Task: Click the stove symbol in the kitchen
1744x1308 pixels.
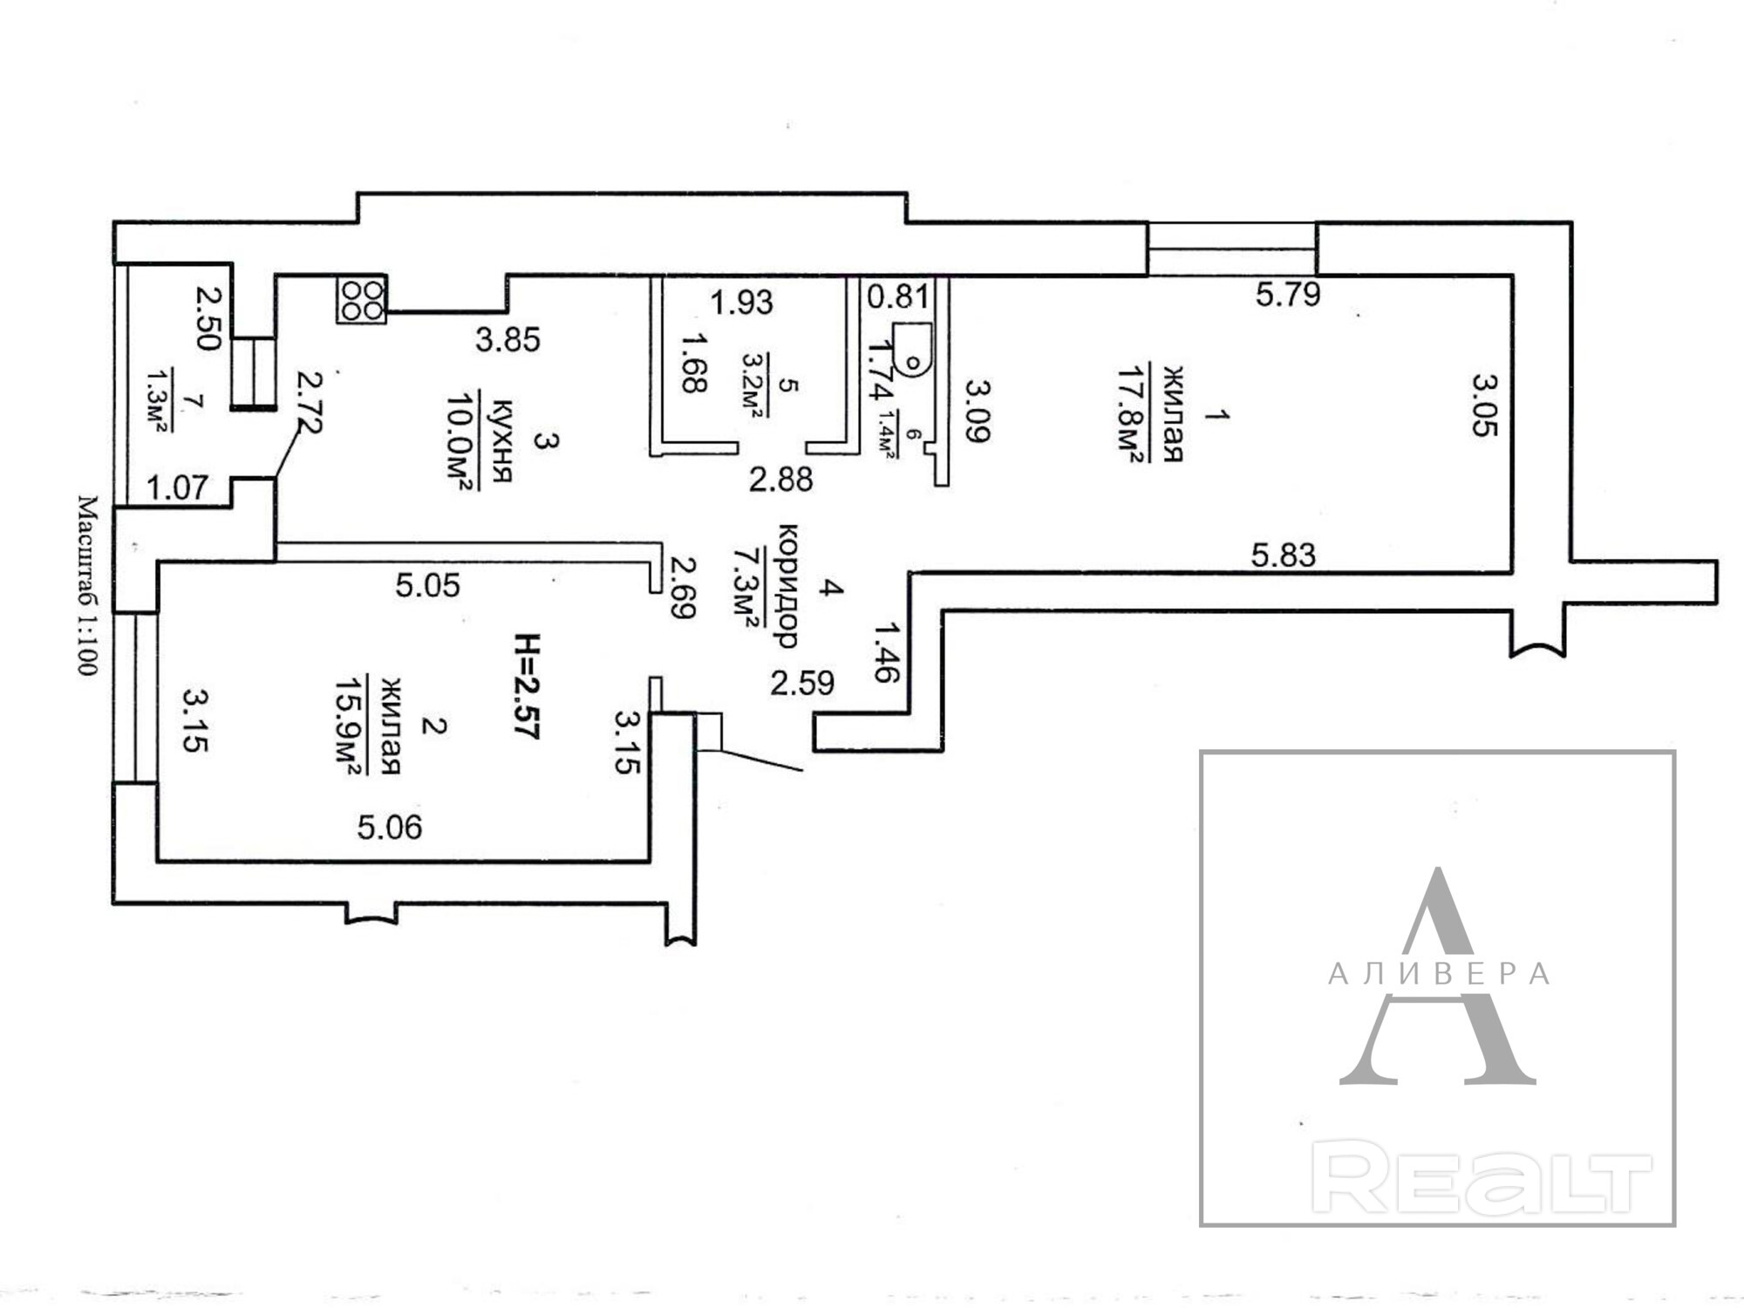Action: (x=362, y=299)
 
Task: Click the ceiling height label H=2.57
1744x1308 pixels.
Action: (x=527, y=686)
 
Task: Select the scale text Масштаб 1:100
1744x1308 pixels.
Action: (x=87, y=585)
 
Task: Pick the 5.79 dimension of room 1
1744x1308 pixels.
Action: (x=1288, y=295)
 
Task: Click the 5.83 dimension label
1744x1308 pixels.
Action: (x=1283, y=555)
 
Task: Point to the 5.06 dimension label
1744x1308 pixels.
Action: (x=390, y=827)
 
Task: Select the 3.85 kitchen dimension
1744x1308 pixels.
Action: (x=508, y=339)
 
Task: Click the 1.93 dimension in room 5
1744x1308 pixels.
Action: (x=741, y=302)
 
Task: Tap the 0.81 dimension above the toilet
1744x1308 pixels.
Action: (x=898, y=296)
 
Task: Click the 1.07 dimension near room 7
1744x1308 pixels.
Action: (x=177, y=487)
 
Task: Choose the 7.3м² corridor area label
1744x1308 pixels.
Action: (x=744, y=587)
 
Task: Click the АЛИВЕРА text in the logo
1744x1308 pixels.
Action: (x=1438, y=974)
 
